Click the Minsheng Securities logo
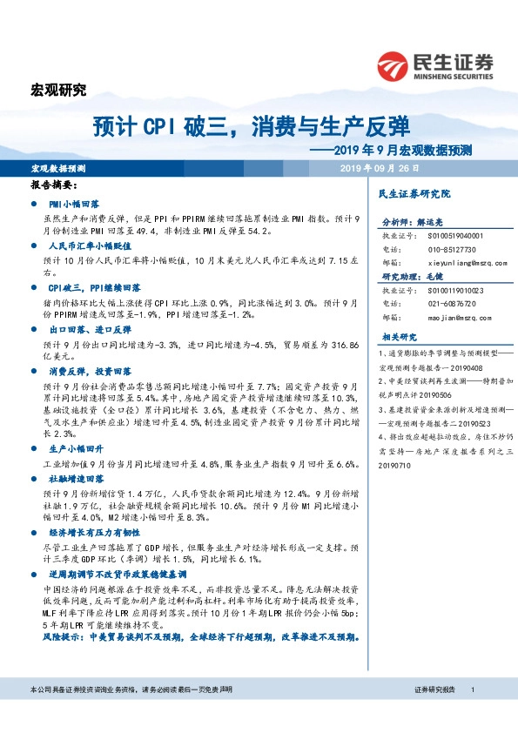pyautogui.click(x=434, y=65)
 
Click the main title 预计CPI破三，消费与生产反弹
pyautogui.click(x=252, y=127)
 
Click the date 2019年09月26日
pyautogui.click(x=380, y=169)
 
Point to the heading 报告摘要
pyautogui.click(x=54, y=186)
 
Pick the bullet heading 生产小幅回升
pyautogui.click(x=78, y=448)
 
